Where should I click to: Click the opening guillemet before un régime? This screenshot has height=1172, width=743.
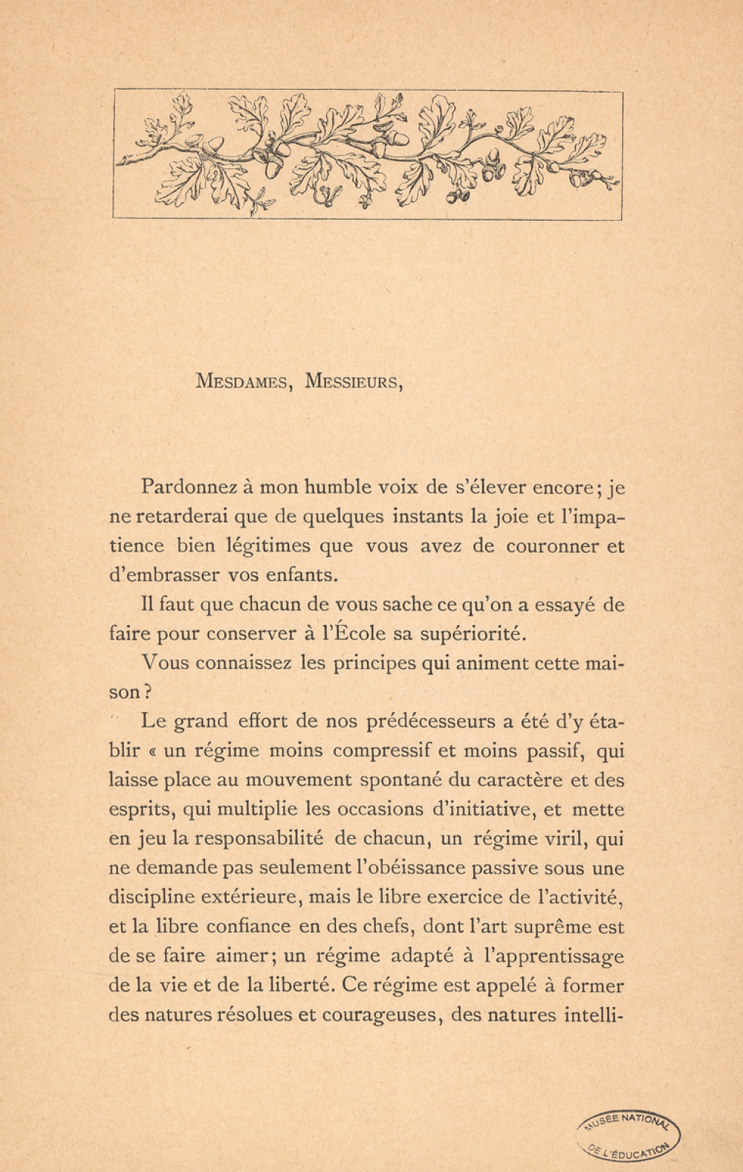pos(153,751)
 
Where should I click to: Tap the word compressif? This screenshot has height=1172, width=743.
pos(382,751)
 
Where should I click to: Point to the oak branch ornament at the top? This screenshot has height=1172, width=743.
pos(367,155)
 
